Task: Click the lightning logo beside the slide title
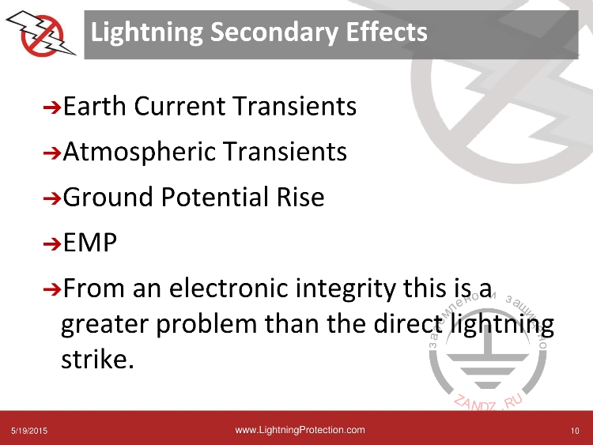[x=41, y=34]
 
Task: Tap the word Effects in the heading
[x=387, y=32]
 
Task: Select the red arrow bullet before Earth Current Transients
[x=52, y=107]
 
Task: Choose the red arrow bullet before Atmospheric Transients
[x=52, y=153]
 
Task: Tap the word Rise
[x=300, y=197]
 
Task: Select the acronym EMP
[x=90, y=243]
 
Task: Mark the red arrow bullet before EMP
[x=52, y=244]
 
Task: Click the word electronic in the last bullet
[x=229, y=288]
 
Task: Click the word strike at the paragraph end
[x=97, y=358]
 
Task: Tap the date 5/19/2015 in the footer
[x=29, y=431]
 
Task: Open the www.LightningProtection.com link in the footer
[x=300, y=430]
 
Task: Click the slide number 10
[x=575, y=431]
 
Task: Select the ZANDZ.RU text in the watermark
[x=488, y=402]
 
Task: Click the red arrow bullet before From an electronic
[x=52, y=290]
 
